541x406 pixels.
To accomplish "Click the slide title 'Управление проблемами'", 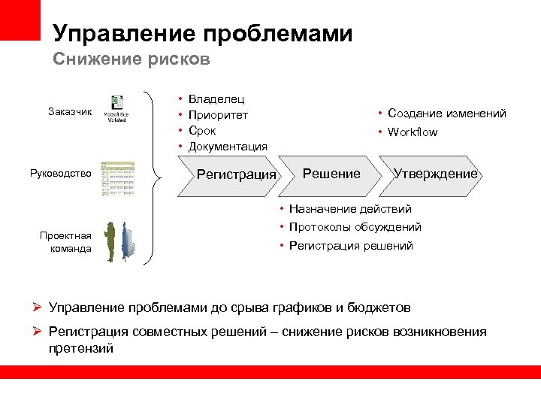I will [202, 34].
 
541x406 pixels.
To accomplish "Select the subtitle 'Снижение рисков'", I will [131, 59].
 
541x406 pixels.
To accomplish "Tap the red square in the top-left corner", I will [20, 20].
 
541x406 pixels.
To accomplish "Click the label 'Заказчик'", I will [70, 112].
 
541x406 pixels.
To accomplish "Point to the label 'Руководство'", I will [61, 174].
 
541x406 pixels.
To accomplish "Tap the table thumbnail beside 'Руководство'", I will [118, 179].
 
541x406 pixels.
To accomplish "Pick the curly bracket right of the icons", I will [158, 178].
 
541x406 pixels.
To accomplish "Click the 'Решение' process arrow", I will [331, 174].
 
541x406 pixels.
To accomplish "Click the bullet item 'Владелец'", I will [216, 99].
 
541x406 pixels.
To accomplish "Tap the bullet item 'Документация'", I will [227, 147].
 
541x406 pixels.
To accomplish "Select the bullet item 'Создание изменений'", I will [446, 114].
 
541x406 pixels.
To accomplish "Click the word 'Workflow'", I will [412, 132].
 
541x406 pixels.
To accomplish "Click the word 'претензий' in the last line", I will [80, 349].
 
